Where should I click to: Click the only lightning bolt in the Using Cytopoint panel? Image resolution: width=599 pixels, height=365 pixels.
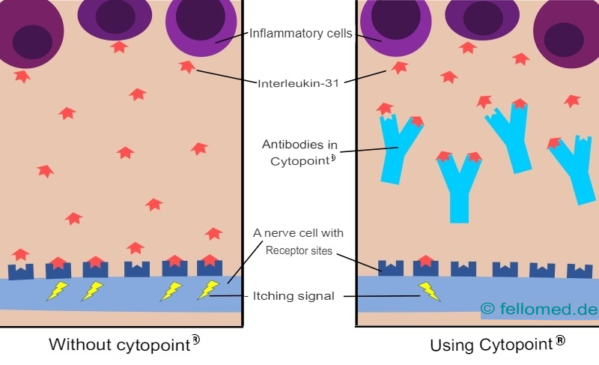tap(429, 291)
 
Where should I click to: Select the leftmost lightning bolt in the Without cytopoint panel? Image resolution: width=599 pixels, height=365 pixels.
tap(57, 291)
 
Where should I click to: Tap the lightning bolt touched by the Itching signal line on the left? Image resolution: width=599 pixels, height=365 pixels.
tap(207, 289)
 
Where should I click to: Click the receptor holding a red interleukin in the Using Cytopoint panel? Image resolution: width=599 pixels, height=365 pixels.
tap(426, 265)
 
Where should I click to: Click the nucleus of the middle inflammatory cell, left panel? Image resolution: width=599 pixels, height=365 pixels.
tap(115, 16)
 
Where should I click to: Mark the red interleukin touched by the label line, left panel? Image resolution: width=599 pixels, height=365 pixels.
tap(187, 67)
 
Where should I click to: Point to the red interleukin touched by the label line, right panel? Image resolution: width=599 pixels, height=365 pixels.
tap(400, 67)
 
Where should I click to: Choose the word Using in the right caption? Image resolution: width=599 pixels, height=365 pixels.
tap(451, 346)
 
